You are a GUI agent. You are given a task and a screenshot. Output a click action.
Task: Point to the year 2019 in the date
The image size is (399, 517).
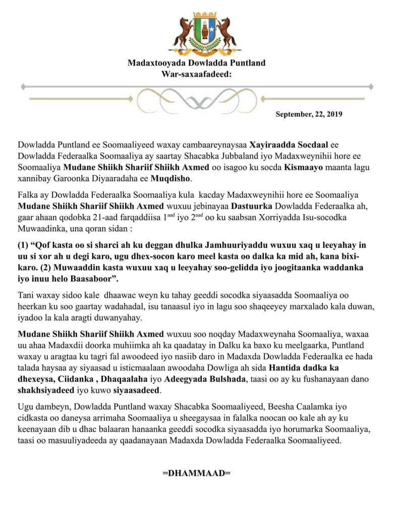334,114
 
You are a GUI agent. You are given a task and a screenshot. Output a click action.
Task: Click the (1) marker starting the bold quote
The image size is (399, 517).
24,245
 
